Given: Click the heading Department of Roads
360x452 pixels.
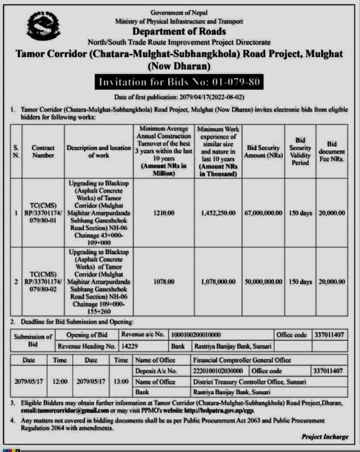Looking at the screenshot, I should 179,32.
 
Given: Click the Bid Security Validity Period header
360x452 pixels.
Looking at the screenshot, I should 300,151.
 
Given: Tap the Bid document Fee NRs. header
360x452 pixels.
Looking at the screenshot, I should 332,151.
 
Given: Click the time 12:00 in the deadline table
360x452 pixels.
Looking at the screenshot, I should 60,381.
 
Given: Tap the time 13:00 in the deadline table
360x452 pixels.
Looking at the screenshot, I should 121,381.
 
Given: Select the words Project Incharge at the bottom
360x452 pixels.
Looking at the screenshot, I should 324,436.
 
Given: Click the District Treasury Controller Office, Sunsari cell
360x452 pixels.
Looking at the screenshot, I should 249,381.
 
